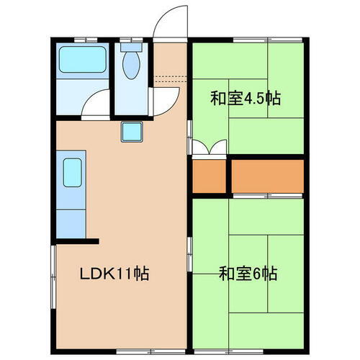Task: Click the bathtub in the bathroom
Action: click(82, 60)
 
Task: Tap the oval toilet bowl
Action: click(131, 67)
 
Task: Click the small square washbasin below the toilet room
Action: click(132, 132)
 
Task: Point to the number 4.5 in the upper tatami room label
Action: click(254, 98)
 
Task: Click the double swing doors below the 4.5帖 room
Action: click(210, 148)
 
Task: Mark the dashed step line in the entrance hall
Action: click(170, 76)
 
